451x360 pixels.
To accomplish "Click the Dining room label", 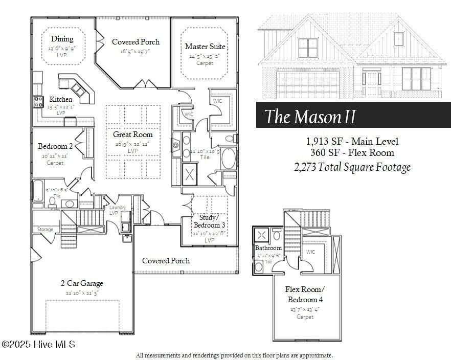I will pos(62,39).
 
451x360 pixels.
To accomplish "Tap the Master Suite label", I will pos(205,47).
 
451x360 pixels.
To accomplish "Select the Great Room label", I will pos(133,134).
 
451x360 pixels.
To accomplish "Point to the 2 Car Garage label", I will pos(82,283).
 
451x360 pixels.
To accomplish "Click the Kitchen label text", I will pos(61,99).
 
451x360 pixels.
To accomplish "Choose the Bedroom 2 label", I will pos(55,146).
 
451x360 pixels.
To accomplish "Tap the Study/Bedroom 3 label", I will pos(209,221).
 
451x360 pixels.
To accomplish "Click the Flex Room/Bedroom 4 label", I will pos(305,294).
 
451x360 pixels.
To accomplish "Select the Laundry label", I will pos(118,207).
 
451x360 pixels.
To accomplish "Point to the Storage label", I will pos(45,230).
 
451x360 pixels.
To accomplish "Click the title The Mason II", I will pos(310,117).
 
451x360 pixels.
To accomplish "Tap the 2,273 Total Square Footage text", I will pos(352,167).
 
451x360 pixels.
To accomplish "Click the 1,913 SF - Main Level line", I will pos(352,142).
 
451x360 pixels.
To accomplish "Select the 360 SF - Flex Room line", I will pos(352,153).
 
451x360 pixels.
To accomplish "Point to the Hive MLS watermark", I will pos(38,344).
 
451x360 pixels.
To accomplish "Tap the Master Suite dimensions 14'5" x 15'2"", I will pos(205,56).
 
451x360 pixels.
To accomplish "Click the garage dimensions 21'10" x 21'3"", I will pos(82,293).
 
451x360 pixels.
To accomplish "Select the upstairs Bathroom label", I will pos(269,248).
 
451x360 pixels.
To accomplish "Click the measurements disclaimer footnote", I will pos(234,355).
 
